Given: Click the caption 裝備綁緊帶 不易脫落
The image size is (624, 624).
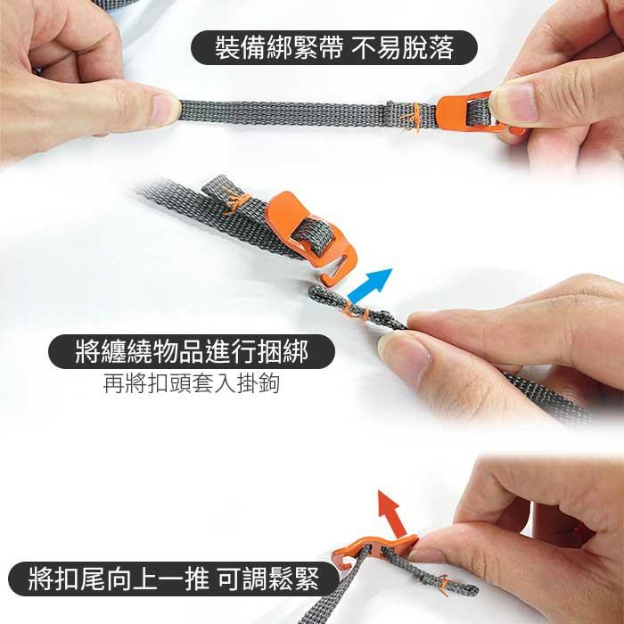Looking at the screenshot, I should pyautogui.click(x=334, y=47).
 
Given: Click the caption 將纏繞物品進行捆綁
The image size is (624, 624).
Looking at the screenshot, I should pyautogui.click(x=192, y=352).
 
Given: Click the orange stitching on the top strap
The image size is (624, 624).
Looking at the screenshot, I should pyautogui.click(x=410, y=117).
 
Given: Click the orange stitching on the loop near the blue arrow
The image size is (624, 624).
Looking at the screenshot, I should pyautogui.click(x=354, y=311).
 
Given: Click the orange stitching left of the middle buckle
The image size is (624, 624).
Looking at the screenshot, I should pyautogui.click(x=234, y=204).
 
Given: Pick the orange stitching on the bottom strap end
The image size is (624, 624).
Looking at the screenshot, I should pyautogui.click(x=443, y=585).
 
